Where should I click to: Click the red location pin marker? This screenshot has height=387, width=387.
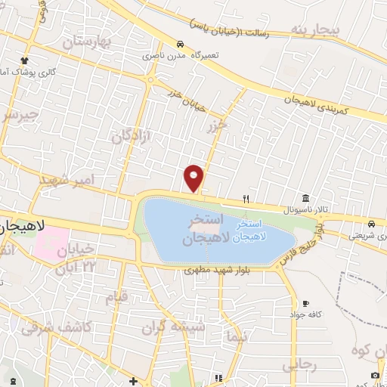194,178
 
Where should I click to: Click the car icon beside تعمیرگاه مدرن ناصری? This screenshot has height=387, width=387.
179,44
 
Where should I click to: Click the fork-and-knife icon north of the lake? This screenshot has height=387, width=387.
246,199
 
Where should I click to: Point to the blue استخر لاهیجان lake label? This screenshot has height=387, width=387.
249,231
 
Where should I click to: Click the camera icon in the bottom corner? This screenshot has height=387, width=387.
376,376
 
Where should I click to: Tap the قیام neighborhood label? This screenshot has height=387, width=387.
116,298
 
